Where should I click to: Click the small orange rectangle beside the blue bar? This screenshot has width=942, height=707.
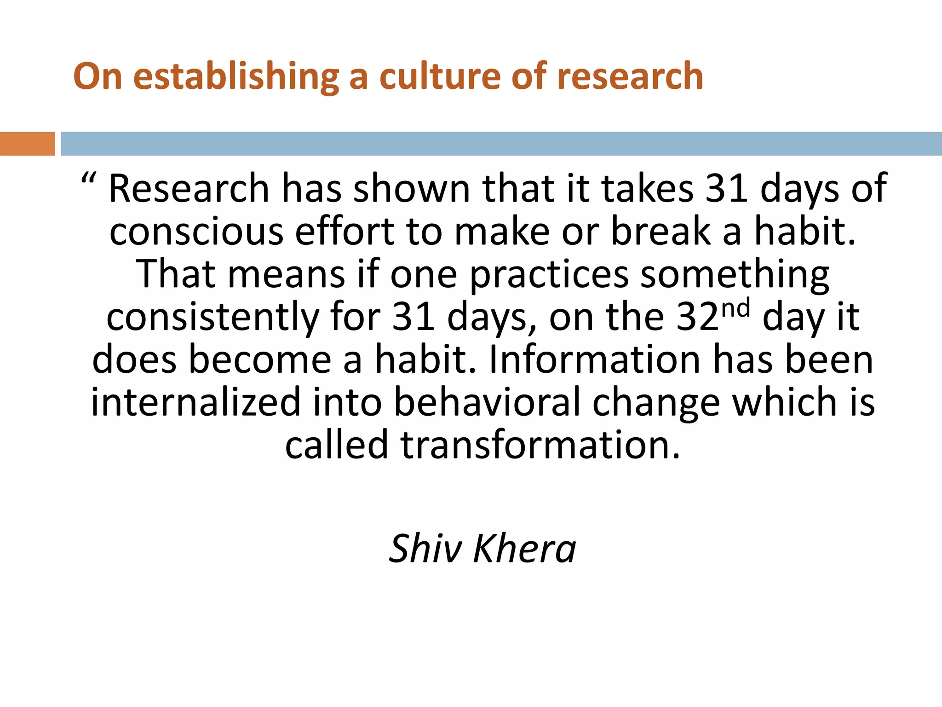tap(27, 144)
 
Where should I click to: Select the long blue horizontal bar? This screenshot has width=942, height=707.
tap(501, 144)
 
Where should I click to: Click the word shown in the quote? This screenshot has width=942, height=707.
tap(411, 188)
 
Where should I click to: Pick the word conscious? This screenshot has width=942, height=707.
tap(196, 231)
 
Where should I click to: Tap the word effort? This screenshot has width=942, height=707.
tap(345, 231)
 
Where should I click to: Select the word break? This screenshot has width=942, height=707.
tap(661, 231)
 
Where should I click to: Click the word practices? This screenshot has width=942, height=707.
tap(549, 274)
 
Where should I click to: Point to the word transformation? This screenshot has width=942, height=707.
tap(540, 445)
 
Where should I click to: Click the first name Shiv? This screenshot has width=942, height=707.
tap(425, 548)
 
